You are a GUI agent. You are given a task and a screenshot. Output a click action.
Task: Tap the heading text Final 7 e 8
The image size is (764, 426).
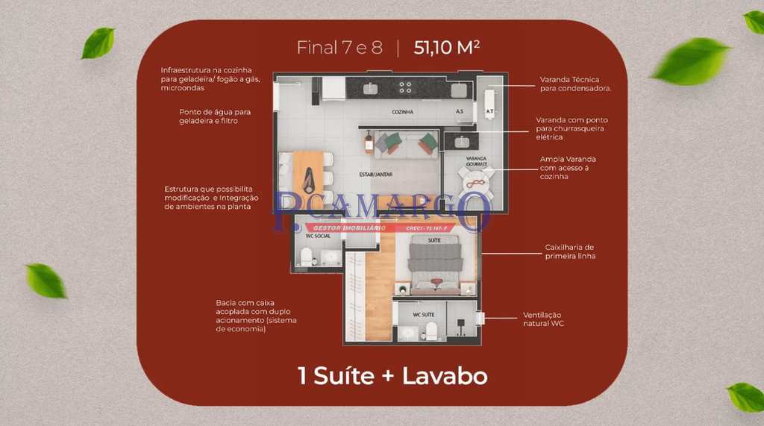339,48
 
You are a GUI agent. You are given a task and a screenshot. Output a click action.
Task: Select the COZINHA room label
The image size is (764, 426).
403,112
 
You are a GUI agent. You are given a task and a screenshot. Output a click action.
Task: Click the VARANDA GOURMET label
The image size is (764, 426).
477,161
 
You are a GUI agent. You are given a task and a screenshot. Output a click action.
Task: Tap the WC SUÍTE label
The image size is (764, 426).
424,314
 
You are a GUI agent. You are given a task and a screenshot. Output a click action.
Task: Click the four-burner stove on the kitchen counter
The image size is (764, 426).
405,87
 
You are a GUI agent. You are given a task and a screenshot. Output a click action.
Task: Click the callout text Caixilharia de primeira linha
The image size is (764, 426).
570,251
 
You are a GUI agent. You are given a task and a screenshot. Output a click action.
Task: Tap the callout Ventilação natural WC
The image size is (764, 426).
541,319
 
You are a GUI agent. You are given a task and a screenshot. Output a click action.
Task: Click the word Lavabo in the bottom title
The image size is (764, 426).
445,376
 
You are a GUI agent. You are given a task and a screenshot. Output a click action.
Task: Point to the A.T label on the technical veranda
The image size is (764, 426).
489,112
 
